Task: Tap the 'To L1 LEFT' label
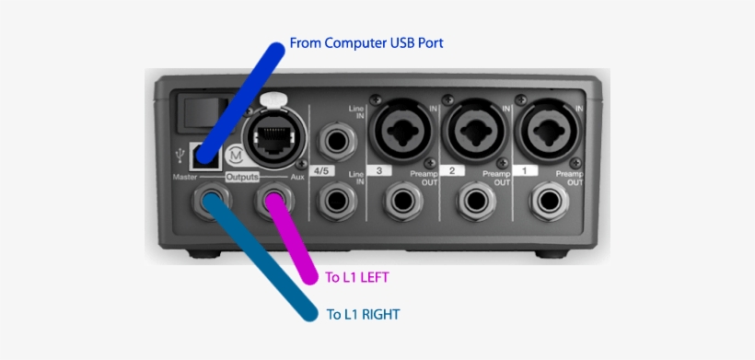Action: [x=365, y=276]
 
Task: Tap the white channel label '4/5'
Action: [x=323, y=170]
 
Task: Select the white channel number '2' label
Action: [x=452, y=170]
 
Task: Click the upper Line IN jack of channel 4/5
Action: [x=333, y=141]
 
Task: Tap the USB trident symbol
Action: [x=181, y=157]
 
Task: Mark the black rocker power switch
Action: [x=196, y=113]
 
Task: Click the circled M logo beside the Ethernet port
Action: [x=235, y=154]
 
